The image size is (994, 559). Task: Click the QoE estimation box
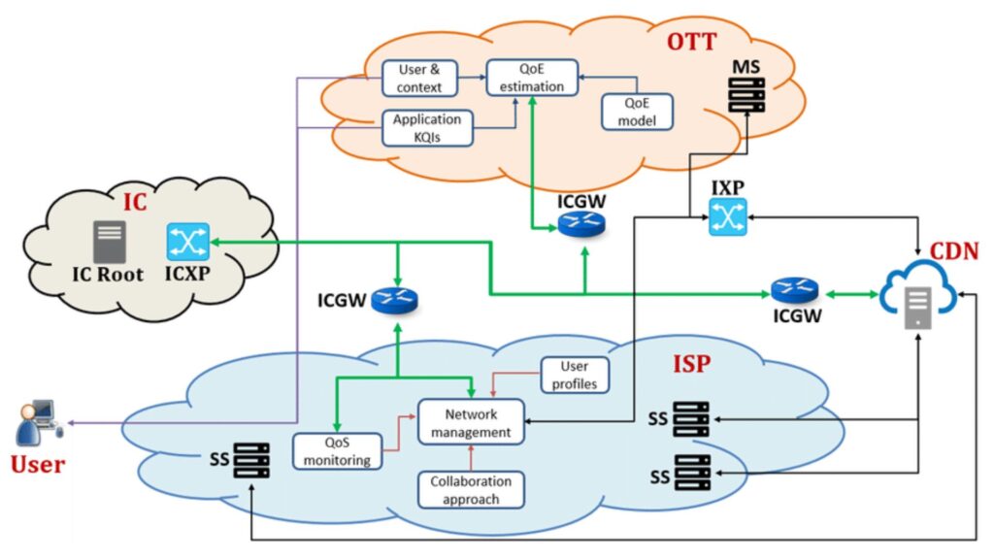click(532, 78)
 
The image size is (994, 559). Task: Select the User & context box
click(419, 79)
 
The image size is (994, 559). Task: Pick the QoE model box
click(637, 113)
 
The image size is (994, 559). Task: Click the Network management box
click(471, 422)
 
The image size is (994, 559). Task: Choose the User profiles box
click(575, 376)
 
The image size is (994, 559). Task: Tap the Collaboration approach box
click(470, 490)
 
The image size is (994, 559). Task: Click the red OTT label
click(691, 43)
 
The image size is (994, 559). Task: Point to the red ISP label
click(692, 365)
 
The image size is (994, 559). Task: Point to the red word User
click(38, 464)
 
